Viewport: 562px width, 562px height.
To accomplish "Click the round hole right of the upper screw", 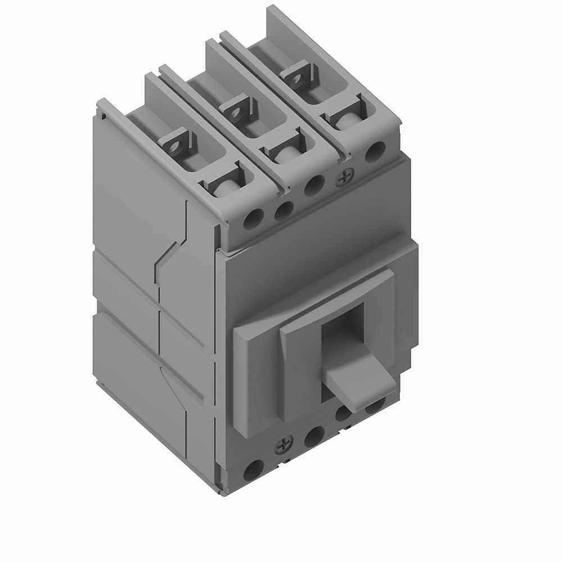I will point(375,152).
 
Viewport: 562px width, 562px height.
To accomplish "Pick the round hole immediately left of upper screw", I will point(314,185).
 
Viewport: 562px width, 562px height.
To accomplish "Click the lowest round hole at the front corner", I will point(253,469).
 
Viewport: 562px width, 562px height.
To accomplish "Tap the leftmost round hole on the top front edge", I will point(252,219).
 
